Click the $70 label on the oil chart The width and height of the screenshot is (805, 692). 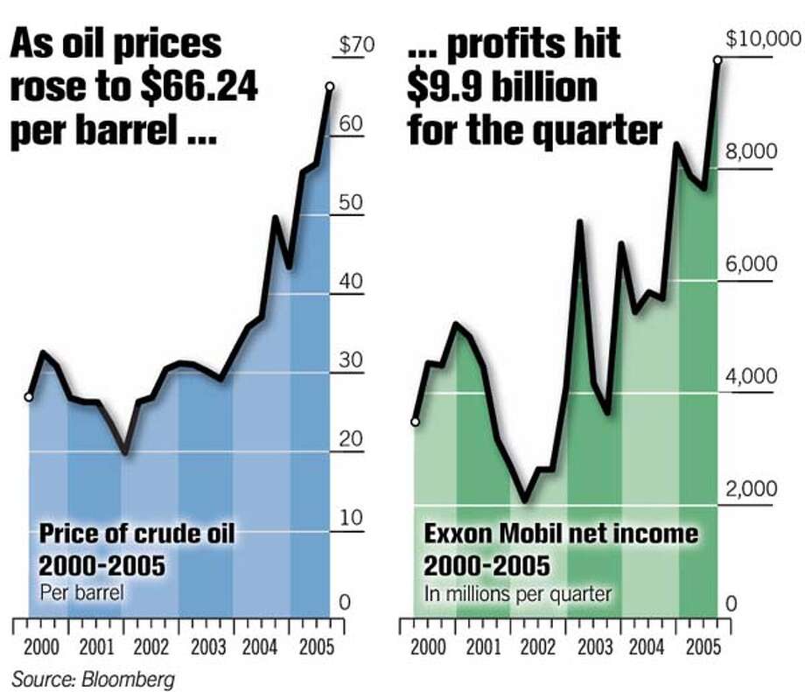coord(356,45)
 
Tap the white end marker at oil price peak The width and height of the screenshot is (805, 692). coord(330,86)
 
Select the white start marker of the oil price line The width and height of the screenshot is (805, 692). coord(29,397)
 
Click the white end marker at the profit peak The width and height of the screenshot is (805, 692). coord(717,59)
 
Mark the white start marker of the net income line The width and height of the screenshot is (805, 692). coord(415,422)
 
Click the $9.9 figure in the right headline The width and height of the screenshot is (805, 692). coord(445,88)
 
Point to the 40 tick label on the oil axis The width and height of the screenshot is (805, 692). coord(350,282)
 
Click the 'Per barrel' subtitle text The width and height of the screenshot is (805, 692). coord(81,592)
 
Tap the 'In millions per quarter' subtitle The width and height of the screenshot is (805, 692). coord(517,594)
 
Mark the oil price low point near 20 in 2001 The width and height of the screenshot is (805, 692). coord(125,451)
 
